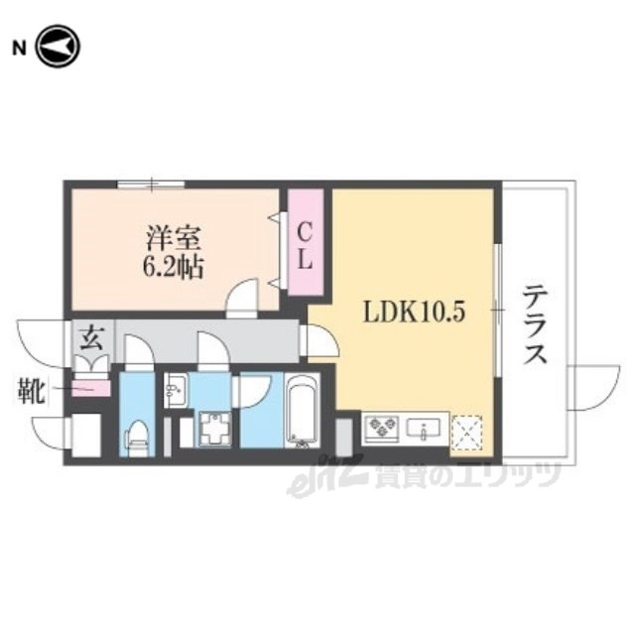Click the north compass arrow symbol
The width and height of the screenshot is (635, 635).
pos(58,47)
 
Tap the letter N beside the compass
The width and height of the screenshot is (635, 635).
pos(19,49)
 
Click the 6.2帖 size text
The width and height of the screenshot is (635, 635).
pos(173,267)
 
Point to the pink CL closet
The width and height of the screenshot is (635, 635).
pos(305,242)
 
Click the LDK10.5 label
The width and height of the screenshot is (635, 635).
pos(414,313)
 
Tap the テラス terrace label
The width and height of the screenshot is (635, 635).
pos(535,324)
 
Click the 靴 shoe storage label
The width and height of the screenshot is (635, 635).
pos(31,390)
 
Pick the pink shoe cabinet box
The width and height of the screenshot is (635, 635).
pos(91,389)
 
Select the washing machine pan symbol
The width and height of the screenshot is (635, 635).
pos(213,429)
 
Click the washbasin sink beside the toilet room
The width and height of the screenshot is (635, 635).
pos(176,390)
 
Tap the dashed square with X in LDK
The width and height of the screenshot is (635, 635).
pos(467,433)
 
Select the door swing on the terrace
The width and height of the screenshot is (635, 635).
pos(593,388)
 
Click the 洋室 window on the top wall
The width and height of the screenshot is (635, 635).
pos(151,185)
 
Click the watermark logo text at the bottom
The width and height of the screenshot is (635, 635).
pos(424,476)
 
